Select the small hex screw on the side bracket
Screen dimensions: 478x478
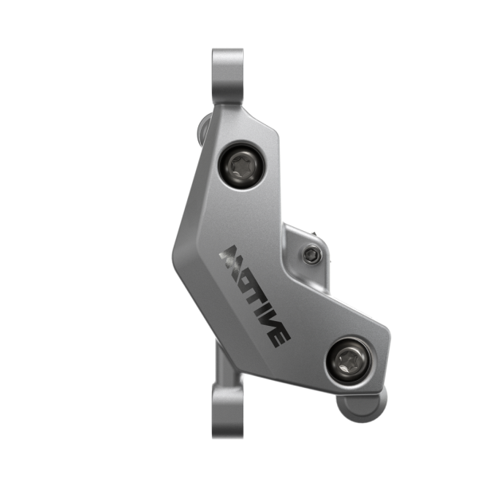click(311, 255)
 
